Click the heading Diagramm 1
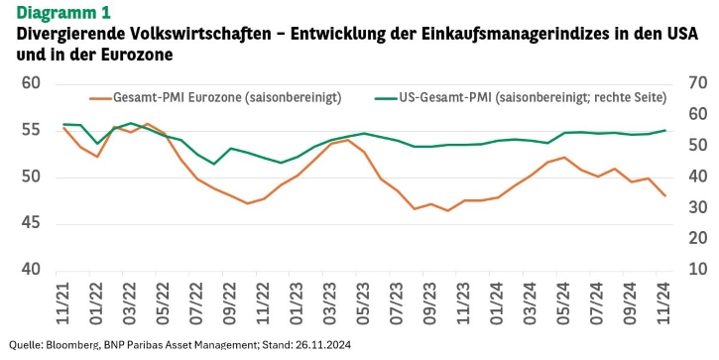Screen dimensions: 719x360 [63, 12]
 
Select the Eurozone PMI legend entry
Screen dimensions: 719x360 [215, 97]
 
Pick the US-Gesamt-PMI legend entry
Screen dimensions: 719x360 [521, 97]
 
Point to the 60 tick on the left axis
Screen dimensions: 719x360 [31, 83]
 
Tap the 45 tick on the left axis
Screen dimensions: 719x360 [31, 223]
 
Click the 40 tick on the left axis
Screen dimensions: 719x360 [31, 269]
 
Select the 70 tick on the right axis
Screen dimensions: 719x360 [698, 83]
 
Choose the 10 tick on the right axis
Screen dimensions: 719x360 [698, 269]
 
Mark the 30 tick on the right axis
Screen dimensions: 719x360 [698, 207]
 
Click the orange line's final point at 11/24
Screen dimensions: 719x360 [664, 195]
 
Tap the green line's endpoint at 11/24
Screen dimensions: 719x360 [664, 130]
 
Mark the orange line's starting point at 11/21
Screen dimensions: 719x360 [63, 128]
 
